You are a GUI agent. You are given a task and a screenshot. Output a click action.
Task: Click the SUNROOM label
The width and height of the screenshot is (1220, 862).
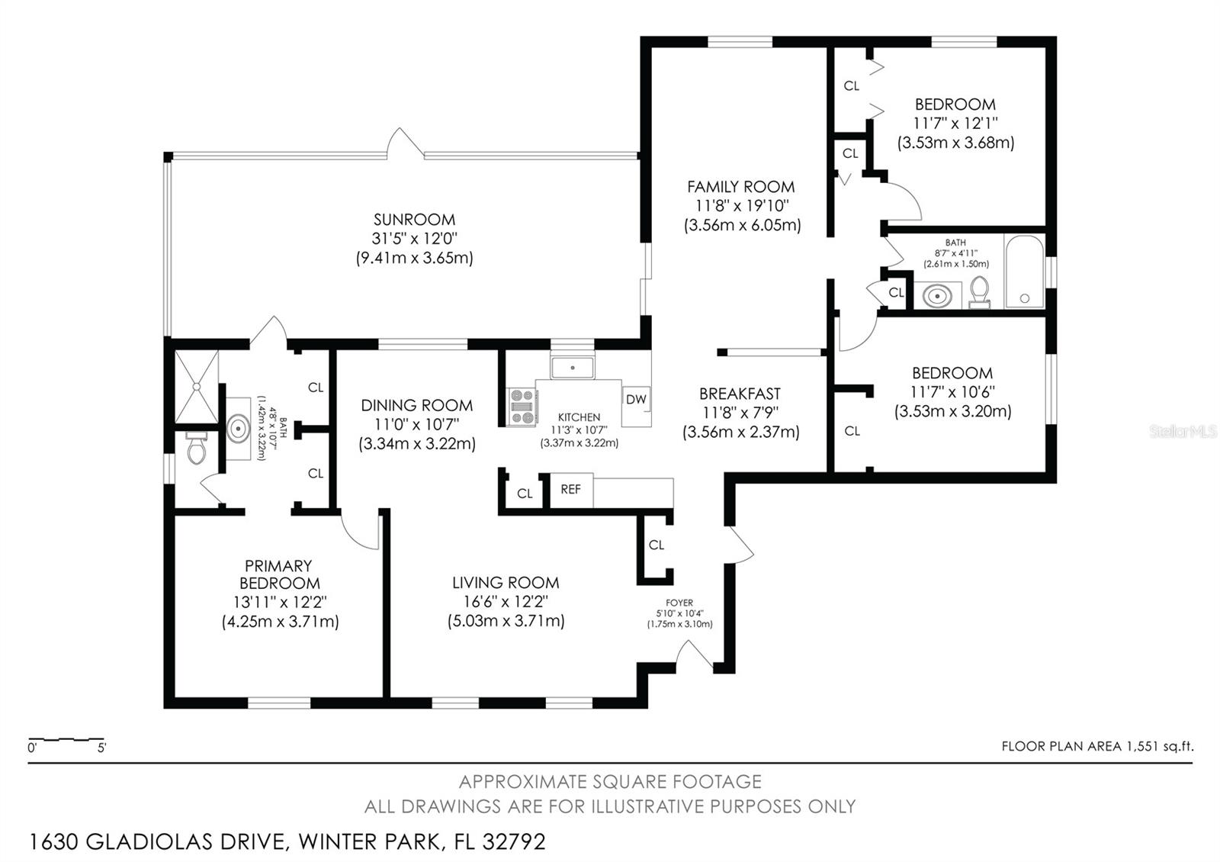pos(414,220)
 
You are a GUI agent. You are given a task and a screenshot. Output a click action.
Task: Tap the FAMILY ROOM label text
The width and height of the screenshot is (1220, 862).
pos(740,187)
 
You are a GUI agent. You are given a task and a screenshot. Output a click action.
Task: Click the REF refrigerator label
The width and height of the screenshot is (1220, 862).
pos(570,489)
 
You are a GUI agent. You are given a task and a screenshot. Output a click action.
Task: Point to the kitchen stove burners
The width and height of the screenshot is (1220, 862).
pos(522,407)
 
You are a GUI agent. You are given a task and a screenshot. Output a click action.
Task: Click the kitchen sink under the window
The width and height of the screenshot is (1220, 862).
pos(572,368)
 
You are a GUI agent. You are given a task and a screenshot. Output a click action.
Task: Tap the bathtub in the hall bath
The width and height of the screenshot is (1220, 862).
pos(1025,272)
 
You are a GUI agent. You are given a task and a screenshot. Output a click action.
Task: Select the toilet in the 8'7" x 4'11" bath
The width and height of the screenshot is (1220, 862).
pos(979,292)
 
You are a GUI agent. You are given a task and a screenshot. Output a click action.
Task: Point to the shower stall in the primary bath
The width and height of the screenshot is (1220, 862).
pos(196,387)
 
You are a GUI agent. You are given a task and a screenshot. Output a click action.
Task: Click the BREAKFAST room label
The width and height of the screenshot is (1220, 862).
pos(740,394)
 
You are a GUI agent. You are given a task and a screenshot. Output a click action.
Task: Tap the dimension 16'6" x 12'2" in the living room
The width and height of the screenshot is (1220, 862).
pos(506,602)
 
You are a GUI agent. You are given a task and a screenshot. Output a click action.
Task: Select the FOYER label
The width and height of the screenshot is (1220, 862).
pos(679,603)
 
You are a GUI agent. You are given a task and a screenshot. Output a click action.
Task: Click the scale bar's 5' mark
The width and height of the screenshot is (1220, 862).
pos(102,748)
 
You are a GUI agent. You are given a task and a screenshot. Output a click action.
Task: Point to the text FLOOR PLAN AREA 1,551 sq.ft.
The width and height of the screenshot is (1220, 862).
pos(1097,746)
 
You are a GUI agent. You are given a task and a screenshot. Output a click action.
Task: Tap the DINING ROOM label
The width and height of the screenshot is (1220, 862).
pos(416,405)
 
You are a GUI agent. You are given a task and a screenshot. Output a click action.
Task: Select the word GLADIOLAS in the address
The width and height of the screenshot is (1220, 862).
pos(149,842)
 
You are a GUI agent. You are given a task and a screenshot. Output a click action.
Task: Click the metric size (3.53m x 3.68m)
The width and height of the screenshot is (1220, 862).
pos(956,143)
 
